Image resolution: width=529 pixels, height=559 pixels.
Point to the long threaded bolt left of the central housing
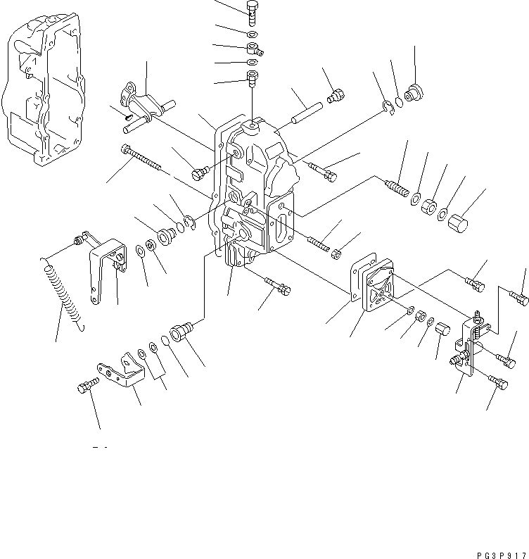[144, 158]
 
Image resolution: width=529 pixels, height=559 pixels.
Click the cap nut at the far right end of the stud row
[458, 225]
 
